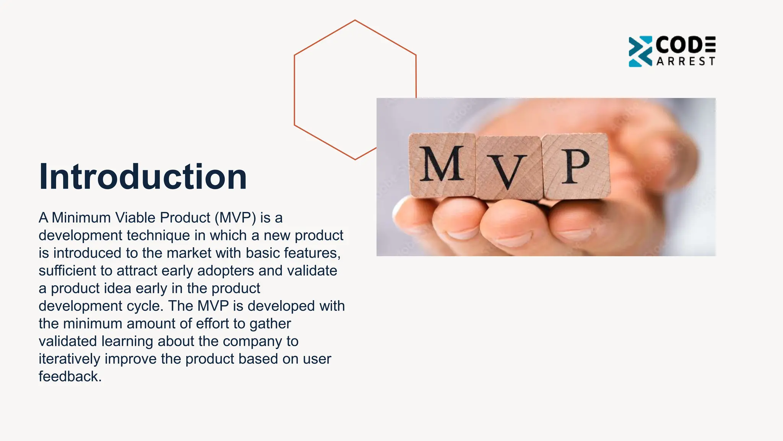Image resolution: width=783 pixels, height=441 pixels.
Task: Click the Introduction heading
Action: pos(143,176)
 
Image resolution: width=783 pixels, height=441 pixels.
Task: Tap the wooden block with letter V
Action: pos(508,168)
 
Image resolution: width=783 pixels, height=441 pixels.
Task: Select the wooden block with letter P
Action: pos(575,166)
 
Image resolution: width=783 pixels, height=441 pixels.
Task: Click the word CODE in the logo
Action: pos(685,45)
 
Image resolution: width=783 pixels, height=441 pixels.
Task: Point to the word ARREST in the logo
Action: pos(686,62)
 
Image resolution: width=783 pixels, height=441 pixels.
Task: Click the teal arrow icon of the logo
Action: pos(640,51)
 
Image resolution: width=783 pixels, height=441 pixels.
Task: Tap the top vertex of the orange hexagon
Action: pos(355,20)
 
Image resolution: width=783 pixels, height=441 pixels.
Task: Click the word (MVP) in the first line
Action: pos(235,218)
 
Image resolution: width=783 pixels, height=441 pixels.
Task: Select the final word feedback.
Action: pos(70,377)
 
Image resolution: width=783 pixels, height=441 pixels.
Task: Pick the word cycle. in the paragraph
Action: pos(145,306)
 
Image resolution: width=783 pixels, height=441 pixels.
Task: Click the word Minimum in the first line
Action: pos(81,218)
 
